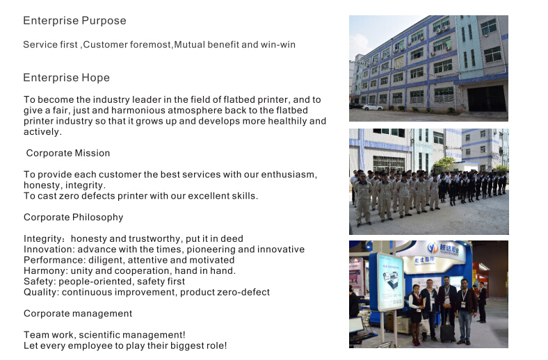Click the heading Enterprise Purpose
74,21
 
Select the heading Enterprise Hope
66,78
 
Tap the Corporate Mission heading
68,154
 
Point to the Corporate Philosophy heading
74,218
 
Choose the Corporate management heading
78,313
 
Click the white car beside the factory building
373,107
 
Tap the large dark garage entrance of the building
487,99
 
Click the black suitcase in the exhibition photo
447,332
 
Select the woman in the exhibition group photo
416,314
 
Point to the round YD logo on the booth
433,248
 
